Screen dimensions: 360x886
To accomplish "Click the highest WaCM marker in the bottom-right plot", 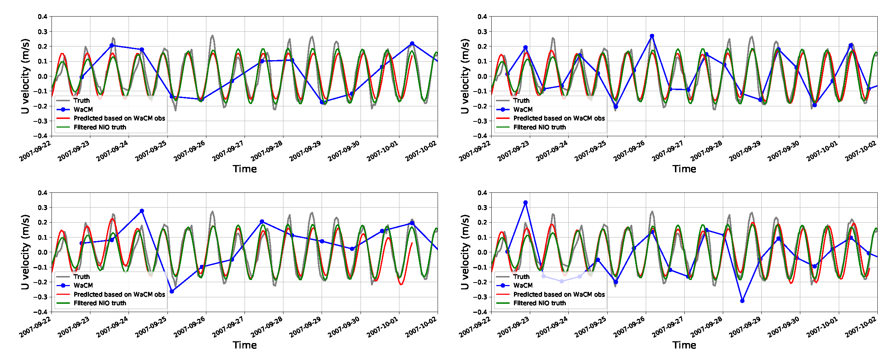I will (x=525, y=203).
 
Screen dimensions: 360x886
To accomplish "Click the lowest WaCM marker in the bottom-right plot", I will (x=742, y=301).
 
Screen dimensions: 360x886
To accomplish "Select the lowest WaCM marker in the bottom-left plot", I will (x=172, y=291).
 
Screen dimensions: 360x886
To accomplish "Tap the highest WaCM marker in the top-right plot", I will (x=652, y=36).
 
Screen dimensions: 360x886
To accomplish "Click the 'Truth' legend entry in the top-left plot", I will (x=81, y=101).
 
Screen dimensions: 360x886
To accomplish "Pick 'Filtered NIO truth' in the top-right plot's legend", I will (x=540, y=127).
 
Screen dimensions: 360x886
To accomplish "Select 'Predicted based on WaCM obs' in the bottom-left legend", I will (x=119, y=294).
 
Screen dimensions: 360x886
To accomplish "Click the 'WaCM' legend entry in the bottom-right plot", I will (x=523, y=285).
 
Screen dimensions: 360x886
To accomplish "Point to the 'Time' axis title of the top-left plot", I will (x=245, y=169).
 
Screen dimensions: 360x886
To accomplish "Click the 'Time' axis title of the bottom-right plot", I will (x=684, y=345).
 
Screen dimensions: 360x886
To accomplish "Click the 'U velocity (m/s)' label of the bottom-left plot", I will (x=25, y=252).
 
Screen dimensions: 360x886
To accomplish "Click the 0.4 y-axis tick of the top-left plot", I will (x=42, y=17).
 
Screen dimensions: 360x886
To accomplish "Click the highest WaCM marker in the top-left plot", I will (x=412, y=44).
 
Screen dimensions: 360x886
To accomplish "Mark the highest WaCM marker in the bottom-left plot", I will (x=142, y=211).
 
